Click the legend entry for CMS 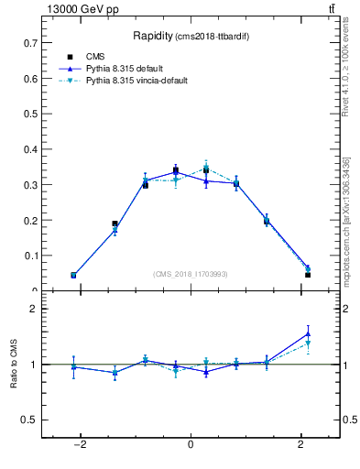click(96, 57)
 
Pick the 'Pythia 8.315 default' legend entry click(128, 69)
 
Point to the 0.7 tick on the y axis click(30, 43)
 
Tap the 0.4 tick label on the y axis click(30, 149)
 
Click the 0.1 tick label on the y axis click(30, 256)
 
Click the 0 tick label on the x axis click(191, 444)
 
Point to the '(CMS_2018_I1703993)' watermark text click(190, 273)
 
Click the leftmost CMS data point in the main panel click(73, 275)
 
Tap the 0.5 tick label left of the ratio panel click(28, 420)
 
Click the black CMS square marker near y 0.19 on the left click(115, 224)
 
